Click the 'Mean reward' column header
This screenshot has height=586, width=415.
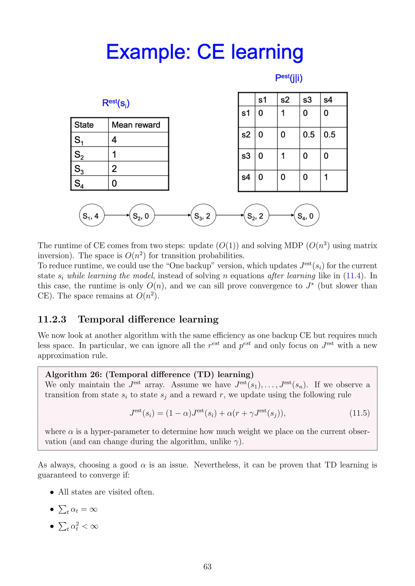136,125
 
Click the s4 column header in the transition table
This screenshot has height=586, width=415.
328,100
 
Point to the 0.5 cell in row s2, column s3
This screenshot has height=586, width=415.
309,135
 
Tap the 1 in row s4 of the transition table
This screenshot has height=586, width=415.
326,177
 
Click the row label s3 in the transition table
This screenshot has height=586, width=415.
246,156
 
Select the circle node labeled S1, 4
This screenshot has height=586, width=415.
91,215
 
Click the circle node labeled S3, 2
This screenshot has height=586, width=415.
203,215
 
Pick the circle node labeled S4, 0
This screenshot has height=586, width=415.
306,215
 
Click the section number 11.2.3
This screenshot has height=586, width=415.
52,319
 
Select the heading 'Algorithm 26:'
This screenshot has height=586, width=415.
74,374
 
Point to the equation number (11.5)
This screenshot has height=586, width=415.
359,413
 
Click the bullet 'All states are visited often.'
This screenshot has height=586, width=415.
106,492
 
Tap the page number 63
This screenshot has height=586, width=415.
207,567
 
